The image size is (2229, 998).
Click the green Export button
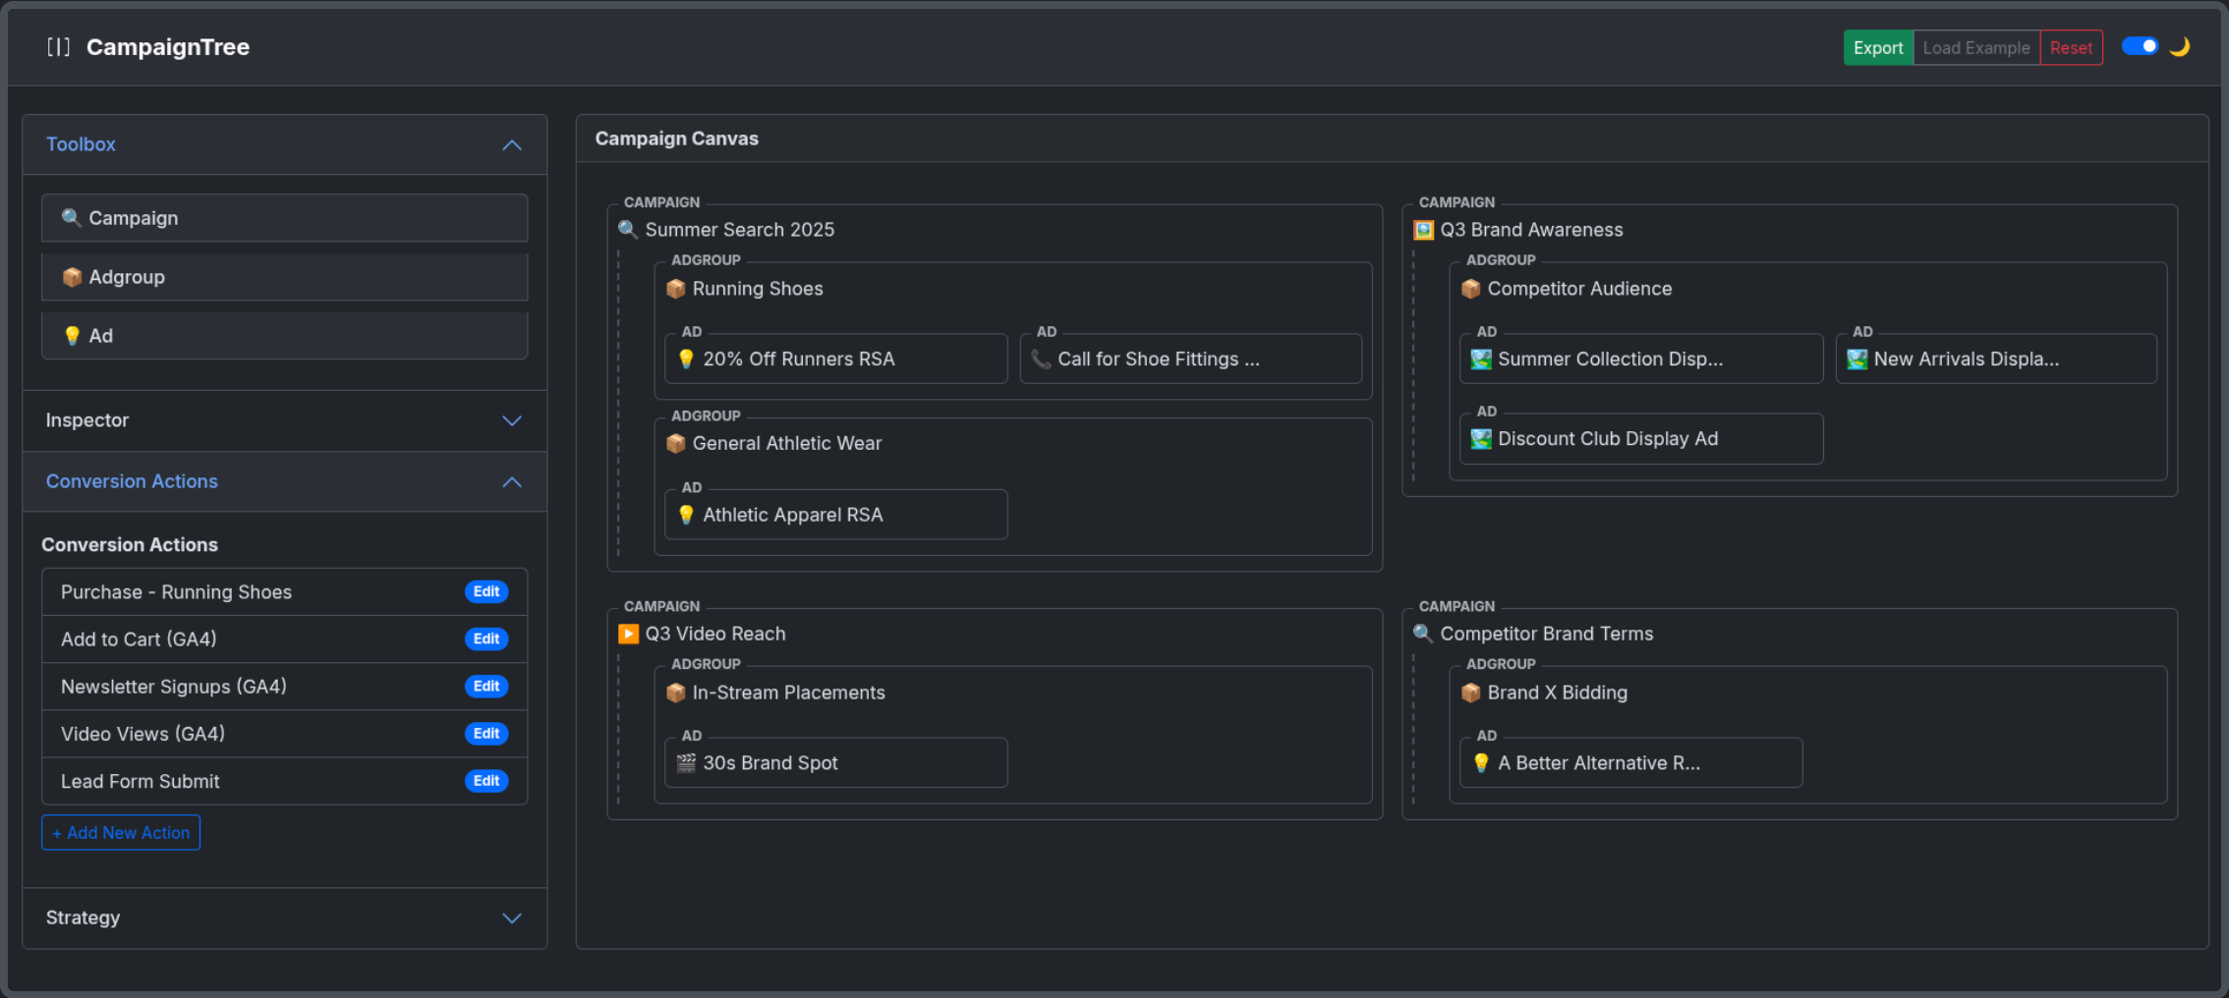click(1878, 47)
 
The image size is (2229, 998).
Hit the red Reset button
click(2071, 47)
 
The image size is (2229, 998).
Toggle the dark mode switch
click(2140, 46)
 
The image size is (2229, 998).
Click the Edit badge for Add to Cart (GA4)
click(486, 638)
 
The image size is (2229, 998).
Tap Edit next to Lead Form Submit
click(486, 781)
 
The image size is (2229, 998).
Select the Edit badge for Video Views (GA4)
click(486, 734)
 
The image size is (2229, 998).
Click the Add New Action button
click(121, 833)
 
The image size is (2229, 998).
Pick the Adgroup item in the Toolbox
click(284, 277)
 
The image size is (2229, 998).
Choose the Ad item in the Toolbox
click(284, 336)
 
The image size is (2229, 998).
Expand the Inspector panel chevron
click(512, 420)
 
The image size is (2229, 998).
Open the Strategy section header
click(284, 917)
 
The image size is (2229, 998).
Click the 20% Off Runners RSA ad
click(836, 359)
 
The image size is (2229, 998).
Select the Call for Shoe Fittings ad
click(1191, 359)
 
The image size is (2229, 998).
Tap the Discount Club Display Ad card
click(1641, 439)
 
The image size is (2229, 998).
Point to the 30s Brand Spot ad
click(836, 763)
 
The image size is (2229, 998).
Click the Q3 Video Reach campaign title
click(715, 634)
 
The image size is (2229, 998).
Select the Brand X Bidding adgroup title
click(1558, 693)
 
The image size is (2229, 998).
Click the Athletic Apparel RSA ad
click(836, 515)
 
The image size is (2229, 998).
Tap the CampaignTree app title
click(168, 47)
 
